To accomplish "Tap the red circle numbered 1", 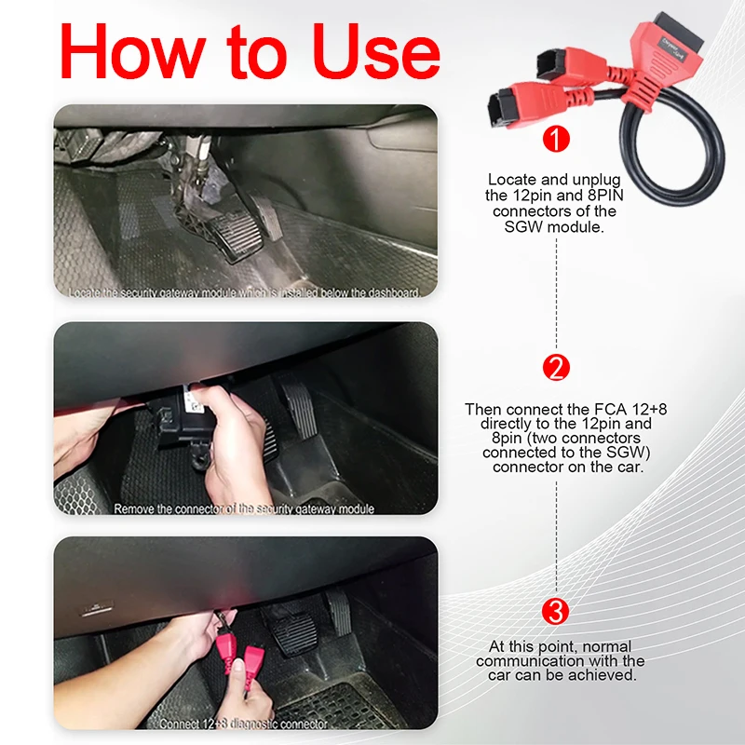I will [556, 141].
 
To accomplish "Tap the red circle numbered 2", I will [556, 368].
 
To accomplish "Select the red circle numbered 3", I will [556, 612].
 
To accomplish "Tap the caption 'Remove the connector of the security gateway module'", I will [244, 509].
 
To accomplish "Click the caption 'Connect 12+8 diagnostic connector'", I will [243, 724].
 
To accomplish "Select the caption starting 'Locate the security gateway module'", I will [244, 291].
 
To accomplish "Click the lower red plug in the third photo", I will [253, 680].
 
